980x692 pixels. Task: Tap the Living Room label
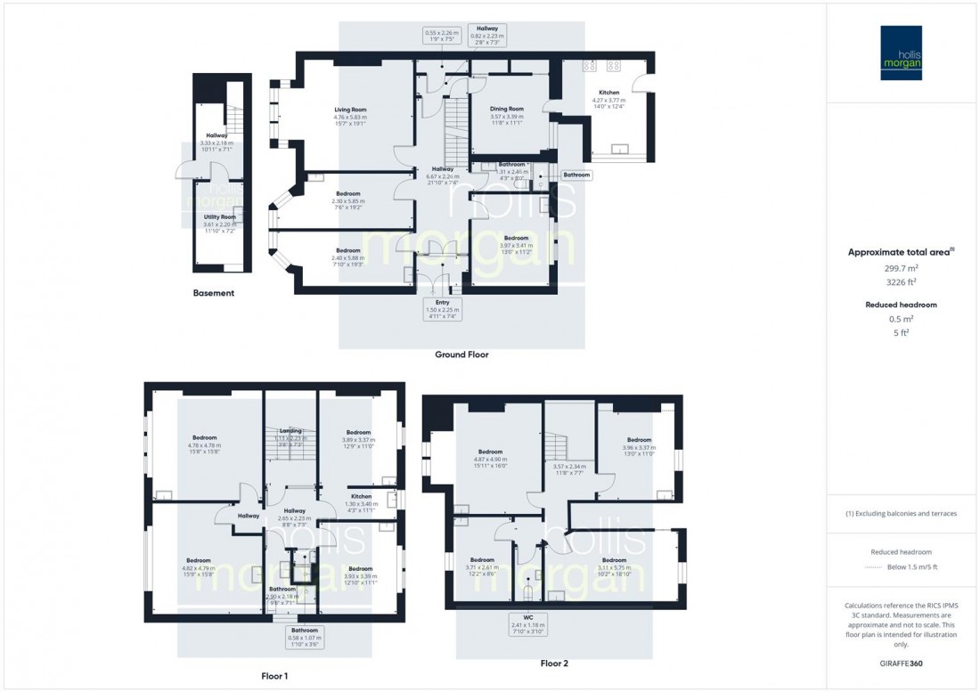coord(350,110)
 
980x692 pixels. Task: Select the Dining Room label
coord(507,109)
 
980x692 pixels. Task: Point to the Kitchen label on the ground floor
coord(608,93)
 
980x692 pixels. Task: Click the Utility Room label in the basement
coord(219,216)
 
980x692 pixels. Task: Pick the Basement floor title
coord(214,293)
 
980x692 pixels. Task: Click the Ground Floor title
coord(461,354)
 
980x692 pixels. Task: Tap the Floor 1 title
coord(274,676)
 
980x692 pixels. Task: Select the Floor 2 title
coord(553,664)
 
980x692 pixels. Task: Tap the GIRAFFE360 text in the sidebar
coord(902,664)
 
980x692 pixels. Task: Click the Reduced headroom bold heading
coord(901,305)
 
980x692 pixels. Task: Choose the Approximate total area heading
coord(901,252)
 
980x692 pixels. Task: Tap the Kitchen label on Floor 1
coord(361,496)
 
